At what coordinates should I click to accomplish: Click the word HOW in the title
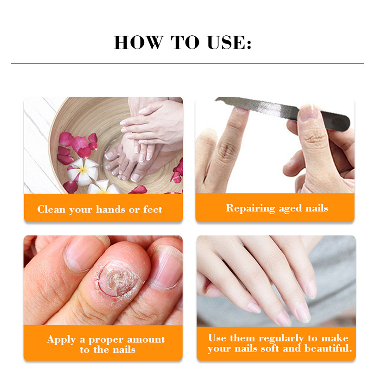click(x=139, y=43)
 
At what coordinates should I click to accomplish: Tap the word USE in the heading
click(x=226, y=43)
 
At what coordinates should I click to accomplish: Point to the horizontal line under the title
click(x=187, y=63)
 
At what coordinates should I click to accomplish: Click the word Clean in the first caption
click(x=51, y=209)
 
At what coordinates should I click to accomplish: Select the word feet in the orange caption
click(x=153, y=209)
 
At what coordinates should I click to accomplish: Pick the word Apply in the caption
click(x=61, y=340)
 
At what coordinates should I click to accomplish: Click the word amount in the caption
click(x=146, y=339)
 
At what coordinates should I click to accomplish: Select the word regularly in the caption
click(x=281, y=339)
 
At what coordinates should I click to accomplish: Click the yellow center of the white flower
click(x=83, y=169)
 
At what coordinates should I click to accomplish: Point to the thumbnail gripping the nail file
click(x=307, y=113)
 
